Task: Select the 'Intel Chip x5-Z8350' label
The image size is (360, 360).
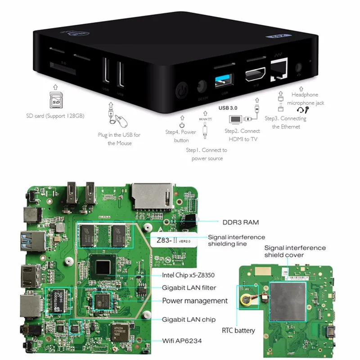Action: coord(190,275)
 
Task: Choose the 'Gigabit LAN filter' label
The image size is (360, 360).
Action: coord(189,288)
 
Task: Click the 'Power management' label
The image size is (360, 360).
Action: coord(194,301)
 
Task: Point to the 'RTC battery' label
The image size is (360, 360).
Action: coord(238,331)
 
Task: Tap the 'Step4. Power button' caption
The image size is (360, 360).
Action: coord(180,136)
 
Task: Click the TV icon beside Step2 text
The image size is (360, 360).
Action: coord(236,119)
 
